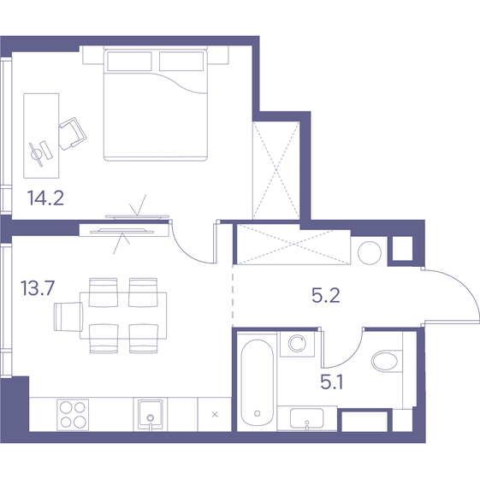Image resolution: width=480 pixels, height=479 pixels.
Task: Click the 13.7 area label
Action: click(x=38, y=287)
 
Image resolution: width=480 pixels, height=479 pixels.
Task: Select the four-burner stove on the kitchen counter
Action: click(x=72, y=414)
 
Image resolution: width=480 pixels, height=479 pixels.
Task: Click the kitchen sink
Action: click(x=149, y=414)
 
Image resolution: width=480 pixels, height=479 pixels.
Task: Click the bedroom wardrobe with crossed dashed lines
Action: click(x=275, y=169)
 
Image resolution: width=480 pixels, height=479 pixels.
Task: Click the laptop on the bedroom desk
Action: click(x=39, y=151)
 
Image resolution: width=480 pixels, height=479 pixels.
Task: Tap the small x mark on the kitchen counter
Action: click(x=214, y=415)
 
